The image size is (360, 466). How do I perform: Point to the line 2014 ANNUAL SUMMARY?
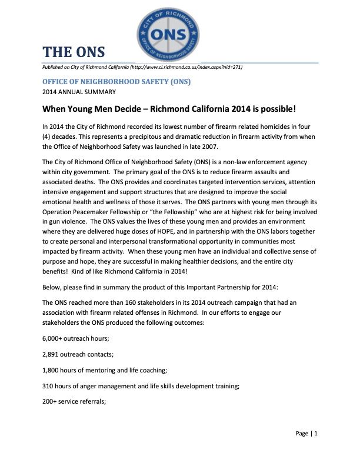pyautogui.click(x=78, y=92)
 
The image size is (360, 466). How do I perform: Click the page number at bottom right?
pyautogui.click(x=306, y=434)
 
